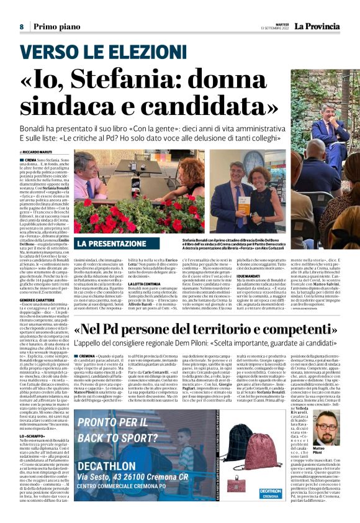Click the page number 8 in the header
coord(21,27)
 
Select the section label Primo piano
coord(53,27)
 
